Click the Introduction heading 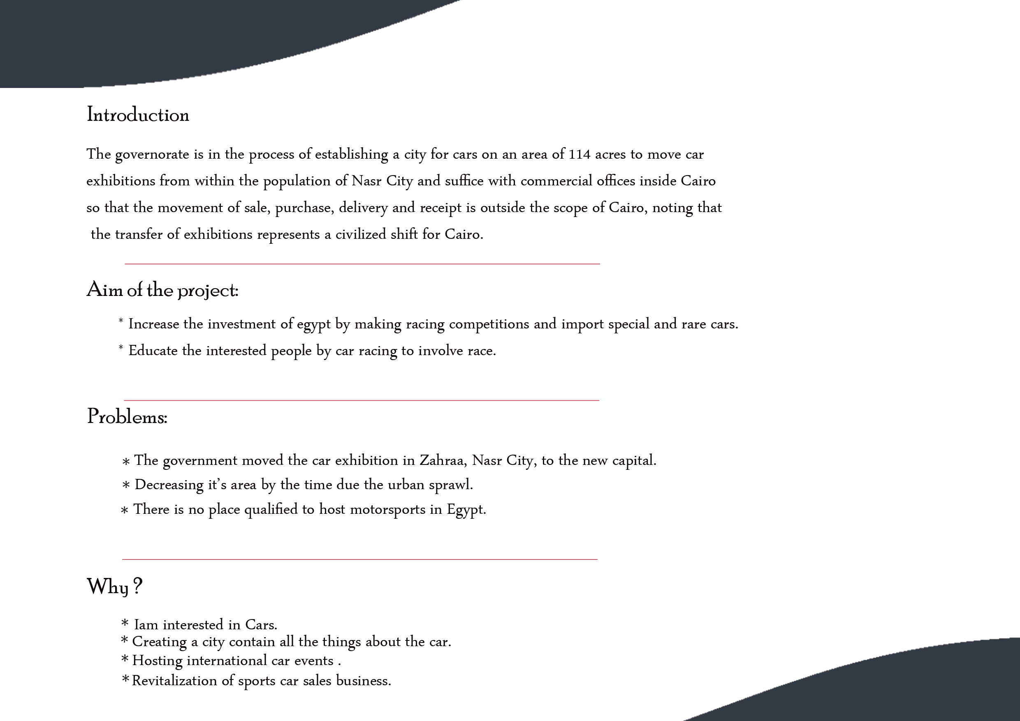pyautogui.click(x=138, y=115)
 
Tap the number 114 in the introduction pyautogui.click(x=580, y=155)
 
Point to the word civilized pyautogui.click(x=360, y=234)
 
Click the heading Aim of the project pyautogui.click(x=162, y=290)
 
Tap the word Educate pyautogui.click(x=153, y=351)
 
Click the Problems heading pyautogui.click(x=127, y=417)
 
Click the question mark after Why pyautogui.click(x=138, y=586)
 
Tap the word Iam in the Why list pyautogui.click(x=146, y=625)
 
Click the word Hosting pyautogui.click(x=157, y=661)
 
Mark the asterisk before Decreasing pyautogui.click(x=126, y=485)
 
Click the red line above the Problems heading pyautogui.click(x=361, y=400)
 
